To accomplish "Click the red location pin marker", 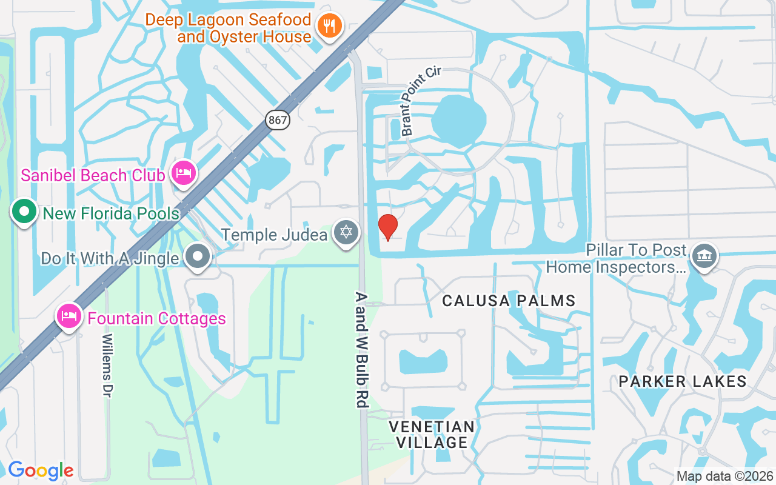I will click(x=388, y=227).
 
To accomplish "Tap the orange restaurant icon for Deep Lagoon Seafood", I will click(x=329, y=25).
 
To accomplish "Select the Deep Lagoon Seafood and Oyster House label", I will click(x=229, y=28).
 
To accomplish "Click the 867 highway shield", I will click(x=278, y=120).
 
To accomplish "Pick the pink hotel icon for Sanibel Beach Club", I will click(x=183, y=173).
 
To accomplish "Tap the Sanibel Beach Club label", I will click(x=93, y=176).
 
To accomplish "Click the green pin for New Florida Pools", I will click(x=24, y=212).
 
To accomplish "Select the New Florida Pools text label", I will click(x=112, y=213).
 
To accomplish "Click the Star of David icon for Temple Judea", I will click(x=346, y=233).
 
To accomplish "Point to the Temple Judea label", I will click(x=274, y=235).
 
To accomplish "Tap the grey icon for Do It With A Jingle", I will click(x=198, y=257).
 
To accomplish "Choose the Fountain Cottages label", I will click(x=156, y=318).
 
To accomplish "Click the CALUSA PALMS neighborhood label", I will click(x=509, y=301).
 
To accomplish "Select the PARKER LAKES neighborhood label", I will click(x=683, y=381).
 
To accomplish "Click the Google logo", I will click(x=41, y=470).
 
